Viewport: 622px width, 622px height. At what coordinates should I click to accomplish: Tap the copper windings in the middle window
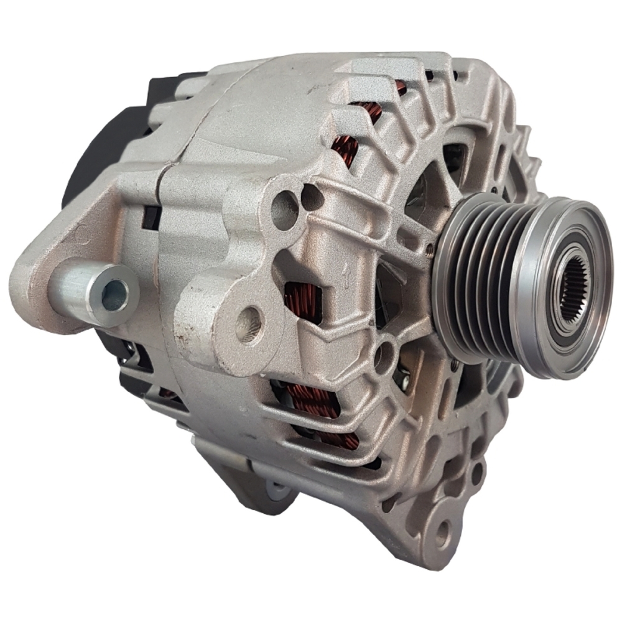point(303,302)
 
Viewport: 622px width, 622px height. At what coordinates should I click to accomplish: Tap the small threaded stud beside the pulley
point(430,249)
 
